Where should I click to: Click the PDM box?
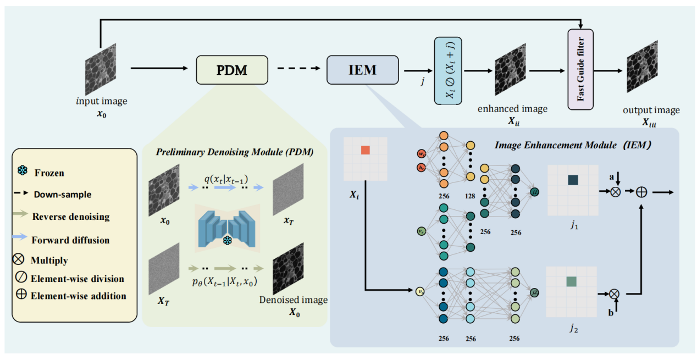point(232,70)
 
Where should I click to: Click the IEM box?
point(362,70)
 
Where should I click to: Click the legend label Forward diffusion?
point(70,240)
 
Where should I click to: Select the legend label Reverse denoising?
point(70,217)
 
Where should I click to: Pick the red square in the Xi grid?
point(366,150)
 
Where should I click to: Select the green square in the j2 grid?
point(571,281)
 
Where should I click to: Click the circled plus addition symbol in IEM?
point(641,192)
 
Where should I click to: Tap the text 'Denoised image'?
point(293,300)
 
